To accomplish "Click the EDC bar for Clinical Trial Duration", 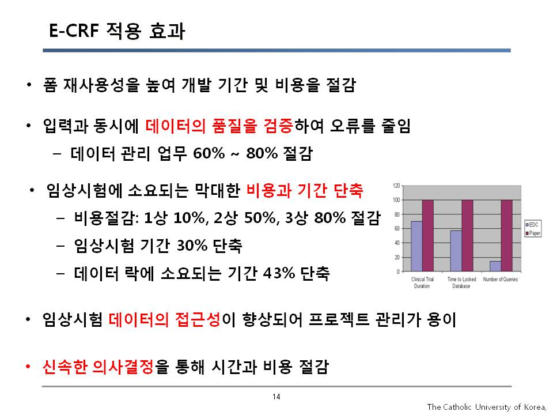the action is tap(416, 246).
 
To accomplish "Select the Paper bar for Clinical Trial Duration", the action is tap(428, 236).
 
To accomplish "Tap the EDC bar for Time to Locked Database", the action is tap(456, 251).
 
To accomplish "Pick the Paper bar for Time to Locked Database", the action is tap(467, 236).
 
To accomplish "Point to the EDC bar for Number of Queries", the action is tap(495, 266).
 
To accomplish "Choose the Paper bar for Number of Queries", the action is tap(507, 236).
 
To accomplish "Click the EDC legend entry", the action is tap(532, 224).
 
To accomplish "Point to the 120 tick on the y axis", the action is tap(396, 186).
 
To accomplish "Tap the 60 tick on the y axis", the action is tap(397, 229).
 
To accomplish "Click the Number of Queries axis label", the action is tap(501, 279).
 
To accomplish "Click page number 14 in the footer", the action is tap(276, 397).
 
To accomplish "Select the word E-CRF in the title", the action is tap(74, 31).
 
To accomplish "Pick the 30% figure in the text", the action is tap(192, 246).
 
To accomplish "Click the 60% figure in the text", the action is tap(209, 153).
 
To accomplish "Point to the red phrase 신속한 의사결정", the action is tap(98, 367).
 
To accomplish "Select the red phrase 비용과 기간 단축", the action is tap(305, 191).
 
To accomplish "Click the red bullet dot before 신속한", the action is tap(28, 367).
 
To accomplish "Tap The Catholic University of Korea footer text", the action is tap(487, 408).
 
